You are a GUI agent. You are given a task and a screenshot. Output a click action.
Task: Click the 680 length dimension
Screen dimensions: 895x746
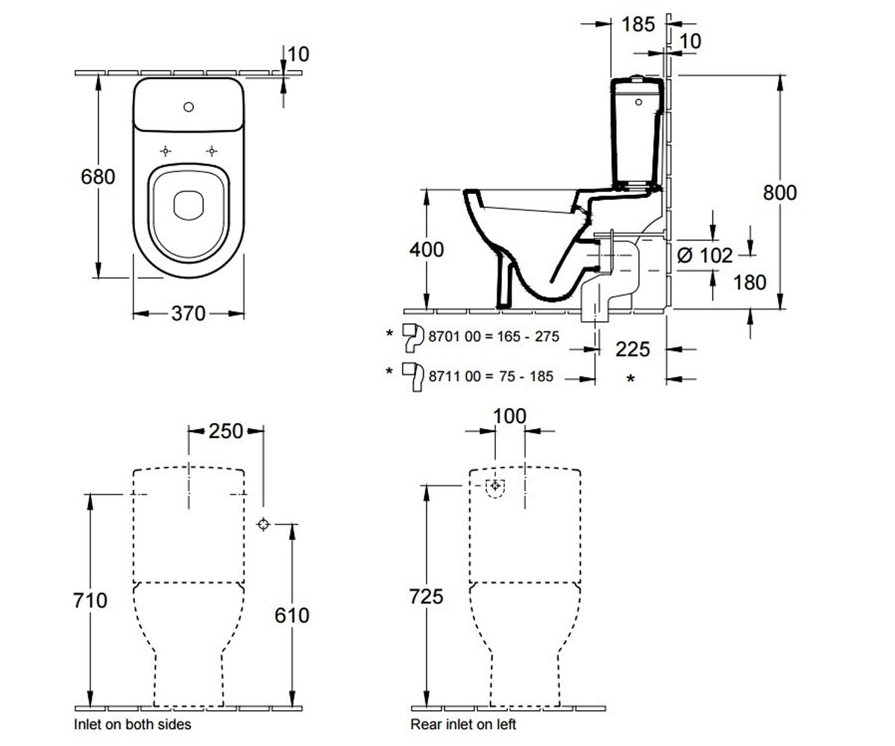(98, 177)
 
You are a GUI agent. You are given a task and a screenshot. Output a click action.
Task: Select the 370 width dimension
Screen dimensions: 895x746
(188, 313)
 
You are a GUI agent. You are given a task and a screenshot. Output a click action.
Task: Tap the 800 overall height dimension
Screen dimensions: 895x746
(779, 192)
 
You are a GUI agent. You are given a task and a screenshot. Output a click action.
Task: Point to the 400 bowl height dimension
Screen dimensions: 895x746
(427, 249)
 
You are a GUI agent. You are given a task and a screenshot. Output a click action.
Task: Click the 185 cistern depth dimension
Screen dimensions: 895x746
(638, 25)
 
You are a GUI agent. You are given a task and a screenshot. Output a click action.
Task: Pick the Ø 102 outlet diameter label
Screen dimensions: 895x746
(705, 256)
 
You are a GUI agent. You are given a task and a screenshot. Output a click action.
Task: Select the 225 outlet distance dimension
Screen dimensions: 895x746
(632, 349)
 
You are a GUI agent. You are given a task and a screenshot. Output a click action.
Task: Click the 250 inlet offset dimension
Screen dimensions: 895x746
(226, 431)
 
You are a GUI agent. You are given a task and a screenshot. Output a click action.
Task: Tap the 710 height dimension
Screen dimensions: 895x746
(90, 601)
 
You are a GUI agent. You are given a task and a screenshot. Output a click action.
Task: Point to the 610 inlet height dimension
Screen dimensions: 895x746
(292, 615)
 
